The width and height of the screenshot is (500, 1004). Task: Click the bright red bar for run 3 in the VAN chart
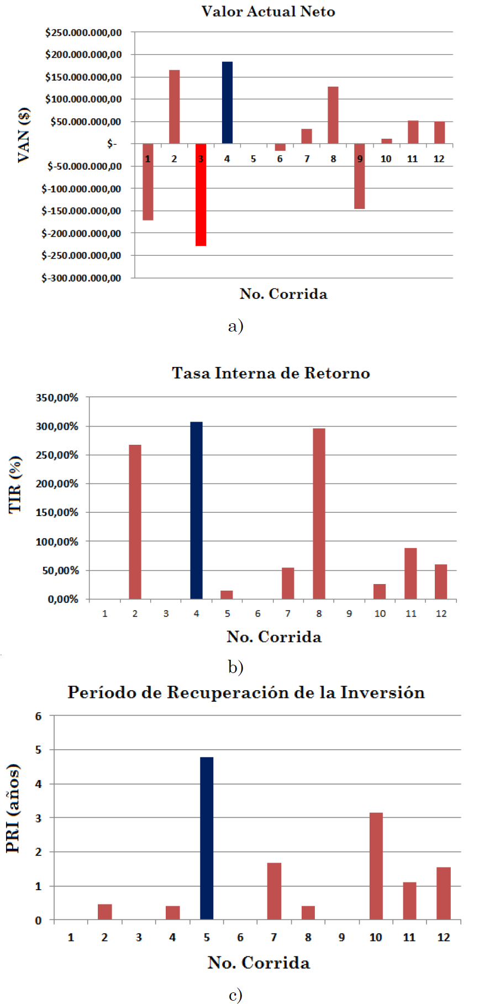coord(201,195)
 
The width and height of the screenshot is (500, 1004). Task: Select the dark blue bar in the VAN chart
coord(227,103)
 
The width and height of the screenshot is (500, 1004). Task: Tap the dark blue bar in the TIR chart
coord(196,510)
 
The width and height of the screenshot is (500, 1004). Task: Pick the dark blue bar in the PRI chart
coord(207,838)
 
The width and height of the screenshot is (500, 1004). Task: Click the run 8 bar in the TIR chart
coord(319,513)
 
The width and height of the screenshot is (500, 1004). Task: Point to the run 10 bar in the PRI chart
coord(376,866)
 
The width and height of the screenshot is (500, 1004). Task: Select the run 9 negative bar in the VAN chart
coord(360,176)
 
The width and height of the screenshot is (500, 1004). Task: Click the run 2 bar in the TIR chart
coord(135,522)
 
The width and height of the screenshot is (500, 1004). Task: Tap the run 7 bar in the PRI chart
coord(274,891)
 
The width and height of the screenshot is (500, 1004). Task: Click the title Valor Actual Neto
coord(268,12)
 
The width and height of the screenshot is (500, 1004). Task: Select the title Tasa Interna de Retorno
coord(271,373)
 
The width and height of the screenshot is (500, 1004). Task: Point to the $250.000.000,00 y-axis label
coord(83,33)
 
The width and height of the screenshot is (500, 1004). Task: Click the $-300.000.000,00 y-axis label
coord(81,278)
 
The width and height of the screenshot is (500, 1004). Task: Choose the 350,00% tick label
coord(57,397)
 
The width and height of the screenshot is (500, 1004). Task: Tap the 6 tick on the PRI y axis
coord(38,716)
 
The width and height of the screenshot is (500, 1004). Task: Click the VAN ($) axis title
coord(24,135)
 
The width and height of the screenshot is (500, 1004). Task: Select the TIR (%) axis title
coord(15,485)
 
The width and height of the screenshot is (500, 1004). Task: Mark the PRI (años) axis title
coord(13,808)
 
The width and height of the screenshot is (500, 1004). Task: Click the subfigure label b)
coord(236,667)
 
